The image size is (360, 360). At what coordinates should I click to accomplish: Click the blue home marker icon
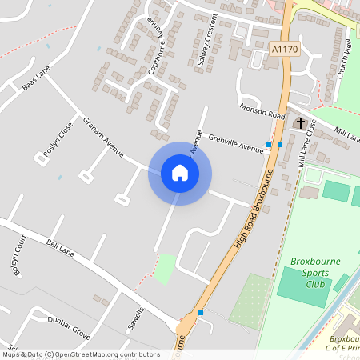[x=180, y=173]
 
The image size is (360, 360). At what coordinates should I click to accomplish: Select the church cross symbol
[x=300, y=123]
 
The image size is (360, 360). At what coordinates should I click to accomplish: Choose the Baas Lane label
[x=37, y=78]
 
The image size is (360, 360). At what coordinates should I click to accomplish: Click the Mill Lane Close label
[x=307, y=142]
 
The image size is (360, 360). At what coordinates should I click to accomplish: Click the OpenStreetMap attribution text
[x=80, y=354]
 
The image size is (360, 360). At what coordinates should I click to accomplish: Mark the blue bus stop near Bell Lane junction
[x=201, y=312]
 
